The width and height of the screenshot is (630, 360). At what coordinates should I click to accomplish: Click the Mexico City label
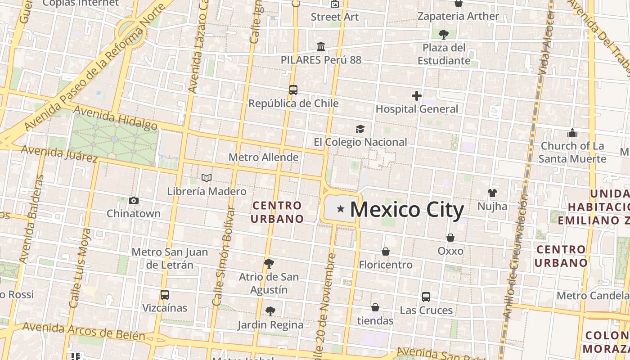(406, 210)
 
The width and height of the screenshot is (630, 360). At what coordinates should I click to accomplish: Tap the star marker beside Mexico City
(341, 209)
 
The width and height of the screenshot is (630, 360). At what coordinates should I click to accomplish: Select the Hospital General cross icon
(417, 95)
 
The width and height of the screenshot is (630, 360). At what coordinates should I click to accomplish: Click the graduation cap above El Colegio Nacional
(360, 129)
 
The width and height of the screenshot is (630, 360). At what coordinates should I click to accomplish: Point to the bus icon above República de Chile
(293, 90)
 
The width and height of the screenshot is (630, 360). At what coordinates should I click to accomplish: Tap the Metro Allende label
(263, 157)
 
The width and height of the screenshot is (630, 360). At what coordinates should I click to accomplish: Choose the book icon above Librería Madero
(207, 178)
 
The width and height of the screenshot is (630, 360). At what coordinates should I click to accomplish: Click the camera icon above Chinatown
(134, 200)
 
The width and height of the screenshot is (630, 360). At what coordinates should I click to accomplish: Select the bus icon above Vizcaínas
(165, 295)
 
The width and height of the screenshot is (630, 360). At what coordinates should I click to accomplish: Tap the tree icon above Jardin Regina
(270, 311)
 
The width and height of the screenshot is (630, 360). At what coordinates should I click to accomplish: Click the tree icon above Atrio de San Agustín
(269, 263)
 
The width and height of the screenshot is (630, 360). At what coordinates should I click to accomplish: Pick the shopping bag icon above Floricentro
(386, 252)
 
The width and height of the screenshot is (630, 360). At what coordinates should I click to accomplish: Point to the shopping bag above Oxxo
(450, 238)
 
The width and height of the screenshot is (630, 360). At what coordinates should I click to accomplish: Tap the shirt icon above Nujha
(492, 193)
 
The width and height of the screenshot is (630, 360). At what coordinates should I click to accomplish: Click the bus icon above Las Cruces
(426, 297)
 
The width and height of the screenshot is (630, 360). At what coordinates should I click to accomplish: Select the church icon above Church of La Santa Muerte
(572, 133)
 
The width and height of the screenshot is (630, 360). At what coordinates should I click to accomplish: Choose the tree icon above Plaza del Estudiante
(444, 34)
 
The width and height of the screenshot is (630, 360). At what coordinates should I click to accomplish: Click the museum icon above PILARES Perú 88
(321, 46)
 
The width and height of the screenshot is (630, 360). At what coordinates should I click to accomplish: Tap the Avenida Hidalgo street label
(115, 117)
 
